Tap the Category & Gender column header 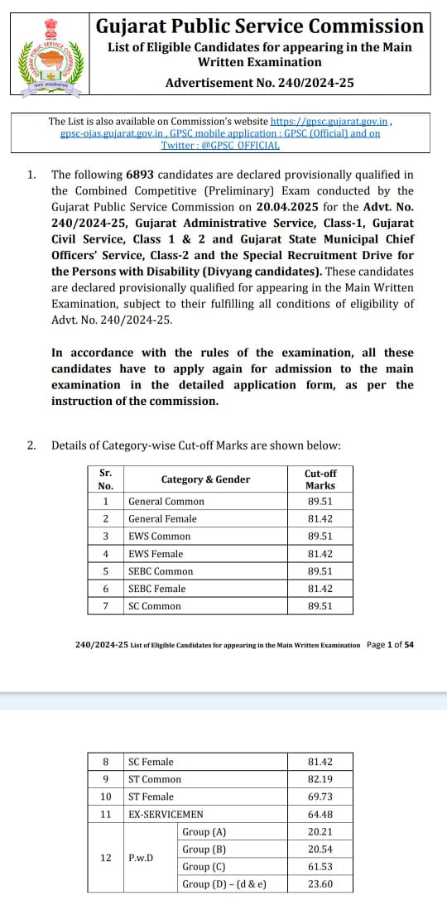tap(205, 479)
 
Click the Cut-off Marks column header tap(320, 479)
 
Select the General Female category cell tap(162, 519)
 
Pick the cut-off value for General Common tap(320, 502)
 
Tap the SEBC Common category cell tap(161, 571)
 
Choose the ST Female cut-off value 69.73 tap(320, 797)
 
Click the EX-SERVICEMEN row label tap(166, 815)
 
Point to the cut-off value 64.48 tap(320, 815)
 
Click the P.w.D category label tap(141, 858)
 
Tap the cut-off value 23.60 tap(320, 884)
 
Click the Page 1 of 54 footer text tap(390, 644)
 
